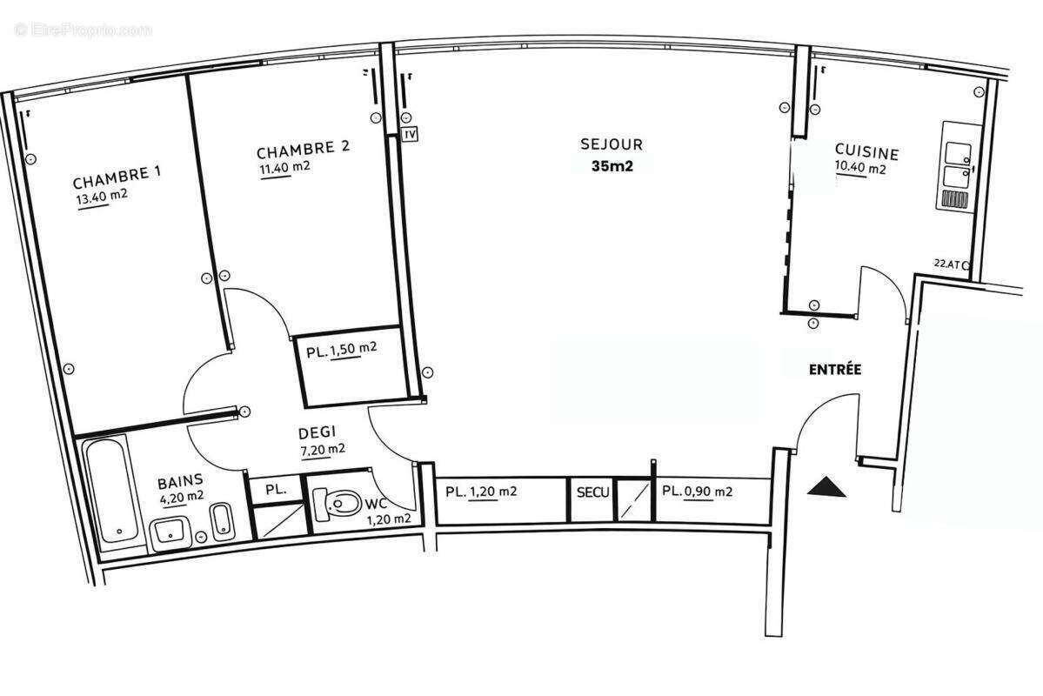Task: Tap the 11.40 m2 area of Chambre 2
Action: tap(284, 167)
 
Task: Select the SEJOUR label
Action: tap(612, 144)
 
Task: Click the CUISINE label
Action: tap(866, 151)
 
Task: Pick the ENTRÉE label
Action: tap(834, 369)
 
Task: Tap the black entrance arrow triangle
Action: tap(826, 488)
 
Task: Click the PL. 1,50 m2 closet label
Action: tap(341, 351)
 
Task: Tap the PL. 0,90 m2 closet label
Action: tap(697, 492)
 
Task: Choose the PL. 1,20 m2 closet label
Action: tap(481, 492)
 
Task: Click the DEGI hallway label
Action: tap(317, 432)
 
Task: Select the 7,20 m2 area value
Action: tap(321, 449)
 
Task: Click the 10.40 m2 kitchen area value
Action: tap(860, 169)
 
